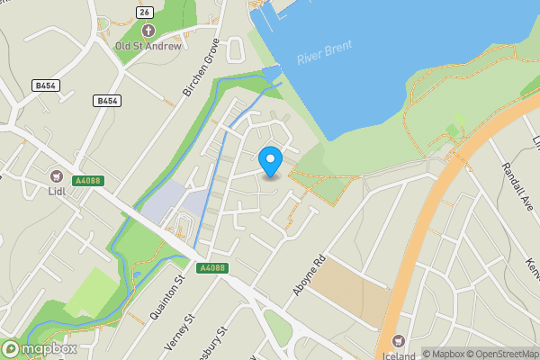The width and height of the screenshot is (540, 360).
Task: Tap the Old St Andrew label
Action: pyautogui.click(x=148, y=46)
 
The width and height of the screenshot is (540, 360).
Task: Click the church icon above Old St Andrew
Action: pyautogui.click(x=148, y=31)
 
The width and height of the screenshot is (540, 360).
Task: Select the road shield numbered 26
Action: pyautogui.click(x=144, y=11)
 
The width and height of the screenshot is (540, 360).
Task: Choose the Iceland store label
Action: pyautogui.click(x=399, y=355)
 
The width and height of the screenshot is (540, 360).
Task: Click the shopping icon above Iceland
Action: pyautogui.click(x=399, y=341)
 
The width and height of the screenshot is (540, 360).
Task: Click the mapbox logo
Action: pyautogui.click(x=40, y=348)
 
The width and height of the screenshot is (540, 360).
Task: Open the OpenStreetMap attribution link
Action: pyautogui.click(x=500, y=354)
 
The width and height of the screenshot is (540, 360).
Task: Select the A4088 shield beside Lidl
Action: pyautogui.click(x=88, y=181)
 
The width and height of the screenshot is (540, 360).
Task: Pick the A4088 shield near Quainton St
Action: pyautogui.click(x=213, y=268)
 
